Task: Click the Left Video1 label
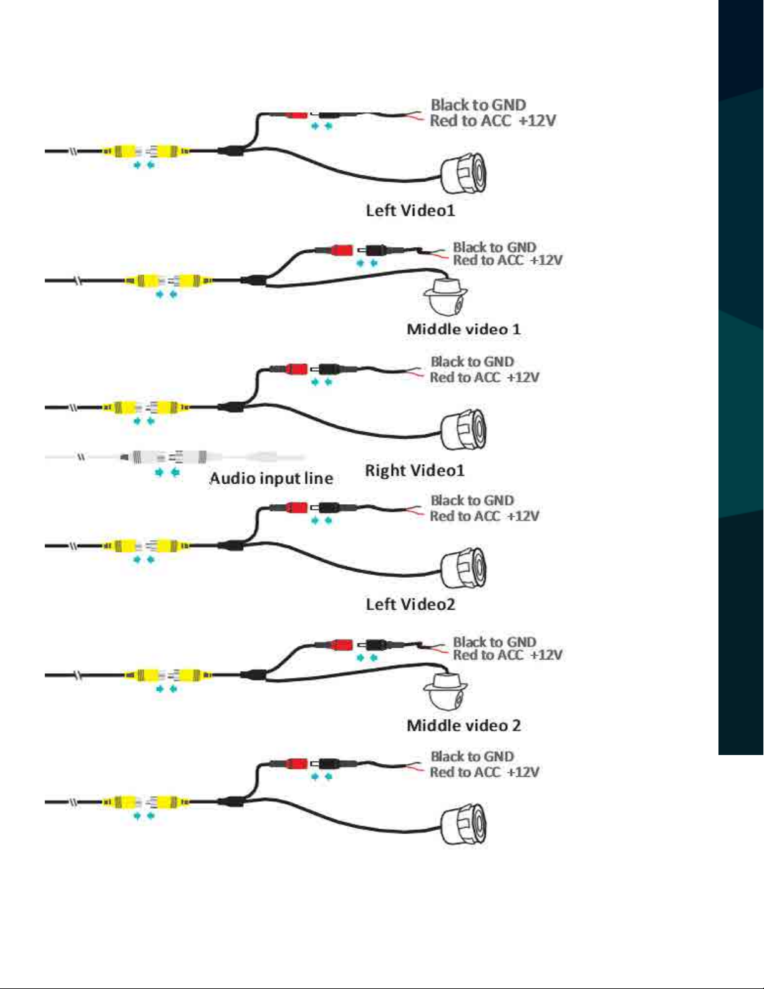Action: tap(410, 210)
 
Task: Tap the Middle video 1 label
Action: tap(463, 329)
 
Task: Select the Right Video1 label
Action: tap(415, 470)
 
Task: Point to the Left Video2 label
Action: tap(410, 604)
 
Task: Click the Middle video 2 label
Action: tap(463, 725)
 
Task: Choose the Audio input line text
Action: tap(271, 478)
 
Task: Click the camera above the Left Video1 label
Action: tap(464, 173)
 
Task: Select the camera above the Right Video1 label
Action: tap(464, 430)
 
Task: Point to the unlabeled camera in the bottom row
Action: tap(464, 824)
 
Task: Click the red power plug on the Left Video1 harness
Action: tap(296, 115)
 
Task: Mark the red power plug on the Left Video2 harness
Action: tap(296, 507)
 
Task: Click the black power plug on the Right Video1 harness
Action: tap(328, 369)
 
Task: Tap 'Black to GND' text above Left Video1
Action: tap(478, 105)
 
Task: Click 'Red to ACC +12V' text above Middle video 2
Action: tap(508, 655)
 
